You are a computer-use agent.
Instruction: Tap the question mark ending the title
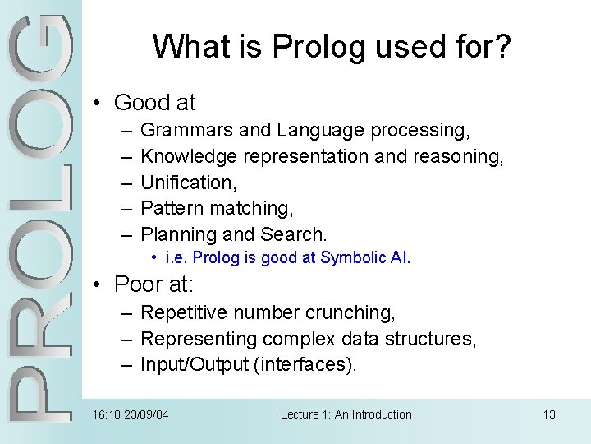502,47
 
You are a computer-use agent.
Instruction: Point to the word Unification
187,183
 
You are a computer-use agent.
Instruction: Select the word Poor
139,284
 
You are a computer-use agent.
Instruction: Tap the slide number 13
549,414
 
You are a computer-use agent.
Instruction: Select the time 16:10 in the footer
104,414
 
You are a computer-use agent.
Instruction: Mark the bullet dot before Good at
97,104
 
